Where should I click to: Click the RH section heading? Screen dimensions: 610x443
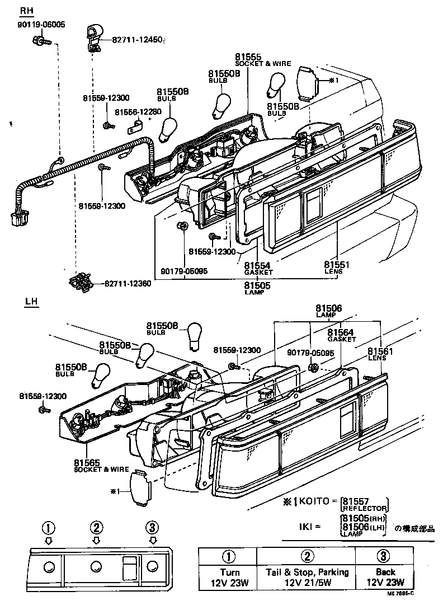click(x=26, y=11)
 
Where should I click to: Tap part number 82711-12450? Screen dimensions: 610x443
click(x=136, y=40)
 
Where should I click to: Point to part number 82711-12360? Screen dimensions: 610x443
click(x=127, y=284)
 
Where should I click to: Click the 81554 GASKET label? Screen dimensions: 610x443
click(x=258, y=268)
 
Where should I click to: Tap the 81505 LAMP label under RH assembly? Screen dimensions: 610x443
click(x=257, y=288)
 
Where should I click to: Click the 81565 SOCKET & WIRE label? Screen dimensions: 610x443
click(x=101, y=466)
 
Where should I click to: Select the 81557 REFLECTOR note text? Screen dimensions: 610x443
click(x=364, y=504)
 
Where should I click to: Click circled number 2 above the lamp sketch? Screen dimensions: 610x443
click(x=97, y=527)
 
